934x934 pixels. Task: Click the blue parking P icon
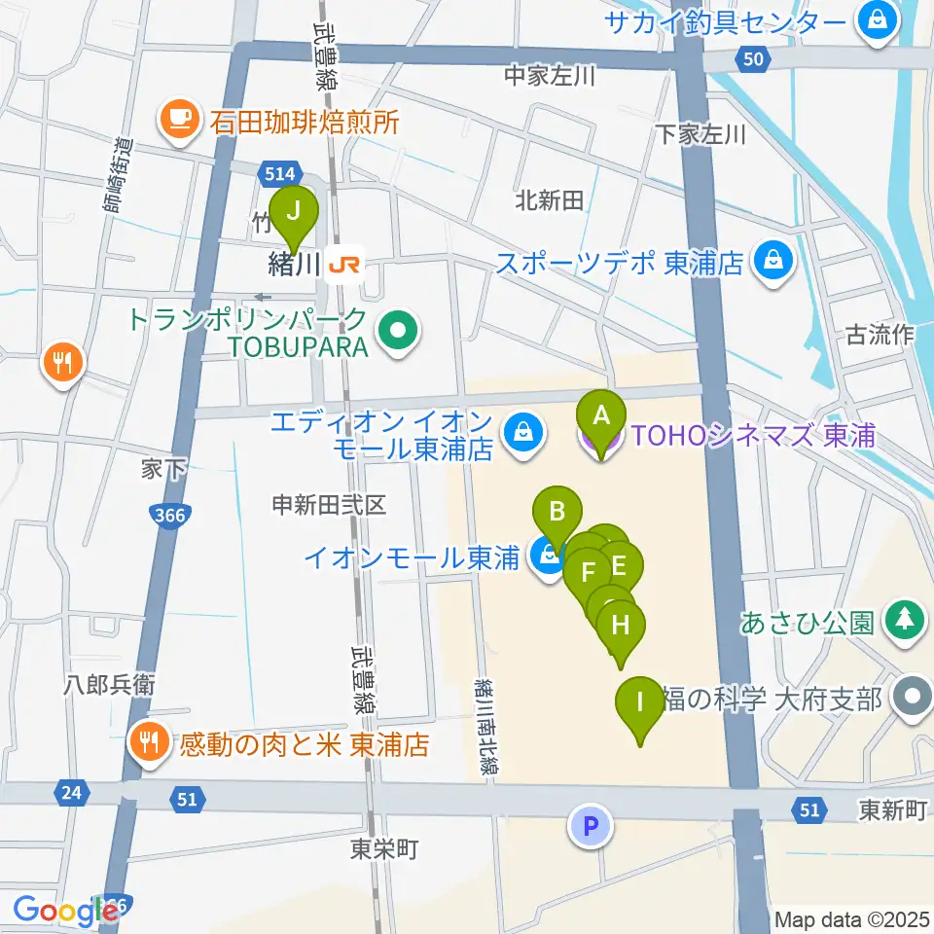click(591, 827)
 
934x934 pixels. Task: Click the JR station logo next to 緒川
click(344, 263)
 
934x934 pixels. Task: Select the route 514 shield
click(279, 174)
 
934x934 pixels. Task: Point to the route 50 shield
click(751, 60)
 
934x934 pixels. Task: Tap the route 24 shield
click(69, 793)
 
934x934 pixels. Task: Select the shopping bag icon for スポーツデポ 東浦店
click(773, 262)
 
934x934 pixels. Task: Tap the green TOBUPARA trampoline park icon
click(399, 333)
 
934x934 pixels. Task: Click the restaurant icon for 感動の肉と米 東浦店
click(148, 745)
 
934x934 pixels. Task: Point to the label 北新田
click(549, 200)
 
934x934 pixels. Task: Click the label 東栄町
click(383, 849)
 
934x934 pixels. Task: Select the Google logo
click(66, 911)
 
